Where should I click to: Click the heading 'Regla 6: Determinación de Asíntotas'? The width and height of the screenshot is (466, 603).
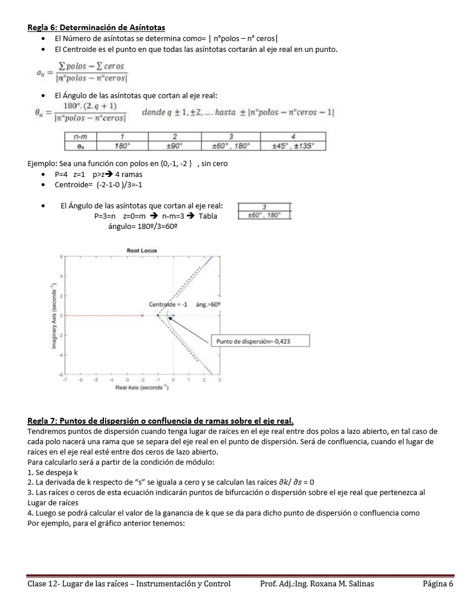[97, 27]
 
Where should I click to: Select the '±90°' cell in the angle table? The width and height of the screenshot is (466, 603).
[174, 146]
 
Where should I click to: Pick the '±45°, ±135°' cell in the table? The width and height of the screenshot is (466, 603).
[292, 146]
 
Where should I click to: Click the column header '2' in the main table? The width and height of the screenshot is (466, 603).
[174, 137]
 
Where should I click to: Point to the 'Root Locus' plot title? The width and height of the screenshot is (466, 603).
[142, 250]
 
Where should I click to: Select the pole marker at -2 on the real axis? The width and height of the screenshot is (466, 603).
[142, 315]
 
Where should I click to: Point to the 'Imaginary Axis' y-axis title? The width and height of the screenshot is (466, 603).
[52, 315]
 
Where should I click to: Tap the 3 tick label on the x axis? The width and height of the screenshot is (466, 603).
[219, 380]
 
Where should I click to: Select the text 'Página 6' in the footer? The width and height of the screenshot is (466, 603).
[438, 584]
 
